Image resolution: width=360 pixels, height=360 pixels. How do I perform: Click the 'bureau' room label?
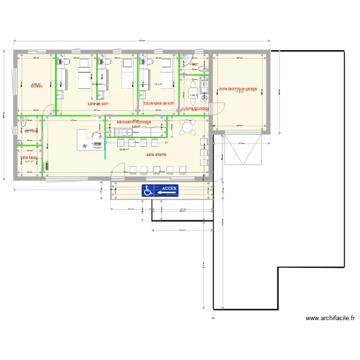click(x=37, y=86)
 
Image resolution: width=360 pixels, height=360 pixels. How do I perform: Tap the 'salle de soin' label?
click(x=98, y=104)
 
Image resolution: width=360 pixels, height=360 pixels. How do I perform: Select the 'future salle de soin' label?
click(x=158, y=103)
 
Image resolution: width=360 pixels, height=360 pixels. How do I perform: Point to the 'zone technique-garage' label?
click(x=238, y=89)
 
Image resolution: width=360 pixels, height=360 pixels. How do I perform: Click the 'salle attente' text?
click(x=157, y=154)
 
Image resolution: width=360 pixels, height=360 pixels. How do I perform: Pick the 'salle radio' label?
click(x=29, y=157)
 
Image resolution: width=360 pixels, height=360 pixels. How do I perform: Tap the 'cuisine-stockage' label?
click(x=195, y=108)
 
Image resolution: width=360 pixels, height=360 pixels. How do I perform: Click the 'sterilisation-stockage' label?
click(x=133, y=122)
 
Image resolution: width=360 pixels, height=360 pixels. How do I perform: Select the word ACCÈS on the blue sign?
click(x=169, y=188)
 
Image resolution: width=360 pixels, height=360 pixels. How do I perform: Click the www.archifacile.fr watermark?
click(x=330, y=318)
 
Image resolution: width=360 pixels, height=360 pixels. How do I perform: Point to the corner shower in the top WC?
click(x=185, y=61)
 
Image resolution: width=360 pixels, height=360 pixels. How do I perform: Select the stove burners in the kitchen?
click(x=204, y=98)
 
